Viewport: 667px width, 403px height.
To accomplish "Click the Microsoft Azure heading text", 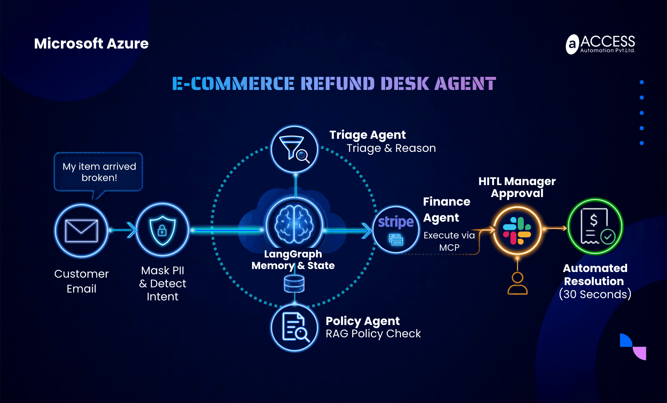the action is tap(91, 44).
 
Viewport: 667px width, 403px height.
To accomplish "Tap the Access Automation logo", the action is tap(600, 44).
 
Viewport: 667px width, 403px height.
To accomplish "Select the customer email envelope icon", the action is tap(81, 230).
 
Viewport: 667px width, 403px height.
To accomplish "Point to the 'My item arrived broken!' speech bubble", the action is tap(98, 172).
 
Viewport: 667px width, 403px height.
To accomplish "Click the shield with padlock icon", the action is tap(162, 230).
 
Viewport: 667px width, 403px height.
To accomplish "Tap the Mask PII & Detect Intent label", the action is tap(162, 283).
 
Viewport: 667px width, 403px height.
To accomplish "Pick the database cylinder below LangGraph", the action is tap(294, 284).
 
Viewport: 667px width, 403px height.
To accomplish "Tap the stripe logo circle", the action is tap(396, 229).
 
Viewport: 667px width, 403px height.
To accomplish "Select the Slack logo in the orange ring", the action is tap(517, 231).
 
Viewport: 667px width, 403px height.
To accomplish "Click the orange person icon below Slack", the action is tap(517, 283).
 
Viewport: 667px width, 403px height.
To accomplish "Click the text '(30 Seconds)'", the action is tap(595, 294).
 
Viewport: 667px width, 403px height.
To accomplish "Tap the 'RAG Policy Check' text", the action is tap(373, 334).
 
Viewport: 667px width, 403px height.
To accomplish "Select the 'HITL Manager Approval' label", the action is tap(517, 187).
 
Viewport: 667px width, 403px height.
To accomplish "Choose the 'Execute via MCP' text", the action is tap(449, 241).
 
